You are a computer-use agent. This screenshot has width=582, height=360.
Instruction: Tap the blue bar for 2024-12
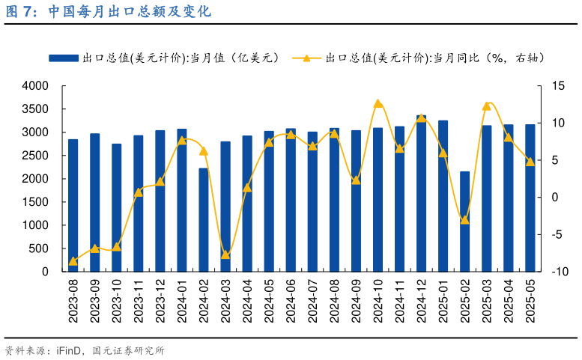click(421, 194)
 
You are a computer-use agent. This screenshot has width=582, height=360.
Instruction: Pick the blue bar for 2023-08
click(73, 206)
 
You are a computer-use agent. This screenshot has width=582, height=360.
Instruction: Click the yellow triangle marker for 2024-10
click(378, 104)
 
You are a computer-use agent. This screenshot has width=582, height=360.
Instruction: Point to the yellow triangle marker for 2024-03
click(225, 254)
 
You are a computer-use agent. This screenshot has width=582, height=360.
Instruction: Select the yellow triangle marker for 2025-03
click(486, 106)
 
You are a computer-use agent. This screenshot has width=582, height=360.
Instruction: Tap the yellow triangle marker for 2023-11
click(138, 192)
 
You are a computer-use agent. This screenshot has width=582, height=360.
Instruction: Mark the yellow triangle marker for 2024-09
click(356, 180)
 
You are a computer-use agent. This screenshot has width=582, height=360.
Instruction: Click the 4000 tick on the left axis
click(35, 86)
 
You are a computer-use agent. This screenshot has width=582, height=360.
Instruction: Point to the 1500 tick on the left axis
click(35, 202)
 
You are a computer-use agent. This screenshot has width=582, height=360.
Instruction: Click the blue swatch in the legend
click(63, 58)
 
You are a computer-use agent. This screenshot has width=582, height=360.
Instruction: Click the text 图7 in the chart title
click(20, 12)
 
